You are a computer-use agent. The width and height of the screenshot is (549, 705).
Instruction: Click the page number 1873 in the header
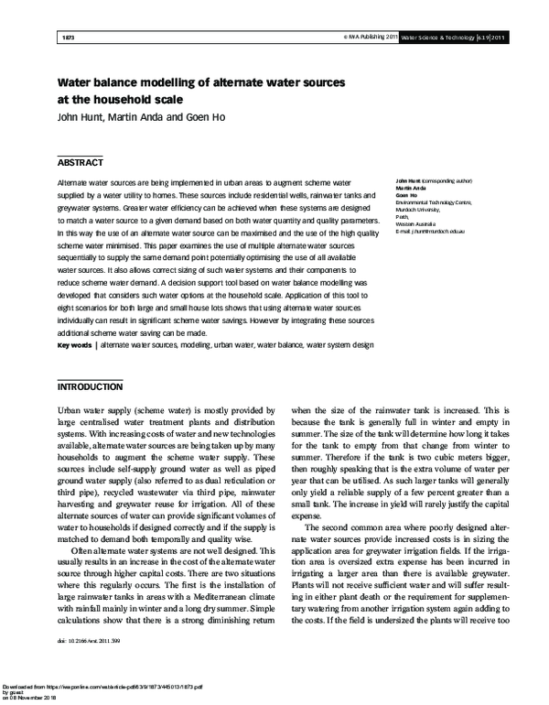[66, 38]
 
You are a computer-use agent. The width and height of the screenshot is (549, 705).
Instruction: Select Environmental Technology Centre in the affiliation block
[434, 201]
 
